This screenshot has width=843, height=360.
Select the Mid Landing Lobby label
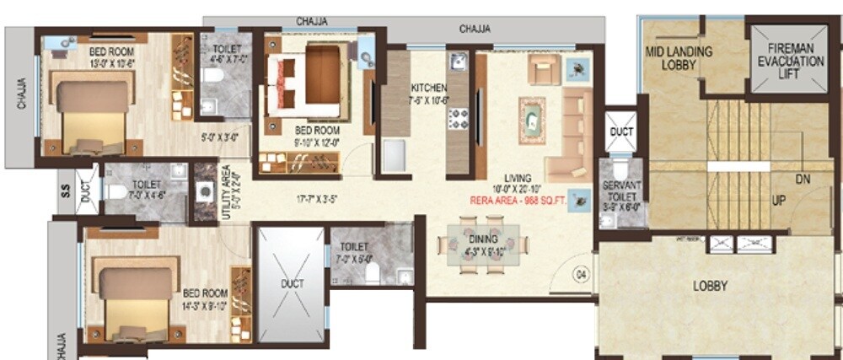click(x=679, y=57)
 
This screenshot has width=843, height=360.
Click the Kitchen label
click(x=429, y=94)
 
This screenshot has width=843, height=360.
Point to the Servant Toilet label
click(x=622, y=191)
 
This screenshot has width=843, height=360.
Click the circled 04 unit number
click(x=580, y=272)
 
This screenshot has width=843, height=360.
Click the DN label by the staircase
click(x=802, y=179)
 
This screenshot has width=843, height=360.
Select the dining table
click(x=483, y=244)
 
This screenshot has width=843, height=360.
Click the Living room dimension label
click(x=518, y=184)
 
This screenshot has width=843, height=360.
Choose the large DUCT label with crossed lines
click(x=291, y=283)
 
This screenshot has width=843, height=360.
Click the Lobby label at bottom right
click(x=710, y=285)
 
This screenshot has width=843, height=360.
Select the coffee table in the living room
click(x=532, y=121)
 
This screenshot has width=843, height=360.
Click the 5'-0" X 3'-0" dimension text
click(x=221, y=135)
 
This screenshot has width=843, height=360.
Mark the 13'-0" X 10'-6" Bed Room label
click(x=110, y=56)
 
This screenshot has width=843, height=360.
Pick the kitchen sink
click(x=458, y=62)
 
